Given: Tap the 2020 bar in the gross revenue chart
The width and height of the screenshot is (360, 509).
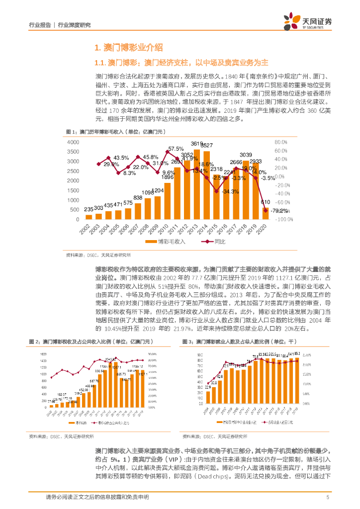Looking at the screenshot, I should coord(266,213).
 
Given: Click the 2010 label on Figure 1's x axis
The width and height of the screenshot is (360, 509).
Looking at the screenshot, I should coord(166,230).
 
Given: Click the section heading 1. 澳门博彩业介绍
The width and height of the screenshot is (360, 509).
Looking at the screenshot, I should coord(128,48).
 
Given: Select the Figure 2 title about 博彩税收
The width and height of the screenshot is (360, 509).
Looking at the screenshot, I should coord(83,328).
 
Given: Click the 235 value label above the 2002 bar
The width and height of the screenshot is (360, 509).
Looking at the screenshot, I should coord(90,209).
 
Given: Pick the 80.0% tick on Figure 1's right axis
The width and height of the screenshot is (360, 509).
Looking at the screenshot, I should coord(283,142).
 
